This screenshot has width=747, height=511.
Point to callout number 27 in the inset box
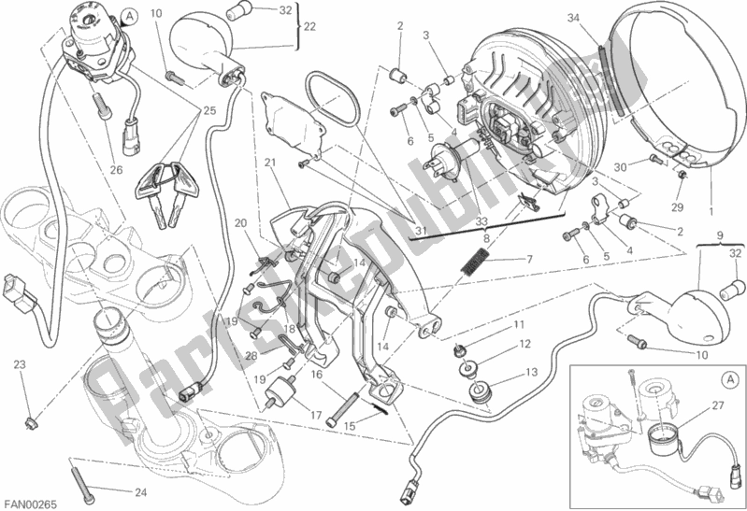point(718,405)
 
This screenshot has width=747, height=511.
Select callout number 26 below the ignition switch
point(116,169)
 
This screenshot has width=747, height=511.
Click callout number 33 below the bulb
point(455,221)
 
